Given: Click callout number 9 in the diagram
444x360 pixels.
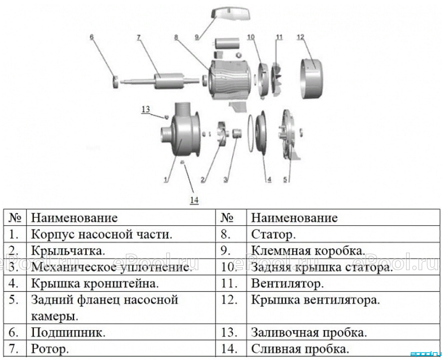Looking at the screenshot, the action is [197, 37].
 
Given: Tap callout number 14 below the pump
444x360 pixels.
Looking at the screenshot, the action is [194, 200].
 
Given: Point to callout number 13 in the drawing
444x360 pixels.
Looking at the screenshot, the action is [145, 109].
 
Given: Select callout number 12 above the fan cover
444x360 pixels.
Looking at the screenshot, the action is [301, 37].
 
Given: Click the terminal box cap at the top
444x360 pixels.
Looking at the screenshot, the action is [231, 14].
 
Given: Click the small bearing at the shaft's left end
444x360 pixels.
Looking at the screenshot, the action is [115, 82].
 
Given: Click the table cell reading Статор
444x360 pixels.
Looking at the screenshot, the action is [273, 234].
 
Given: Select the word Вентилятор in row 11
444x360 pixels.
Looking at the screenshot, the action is [287, 283].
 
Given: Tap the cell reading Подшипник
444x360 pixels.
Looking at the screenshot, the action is [68, 332].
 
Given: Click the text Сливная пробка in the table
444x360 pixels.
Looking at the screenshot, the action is [300, 349].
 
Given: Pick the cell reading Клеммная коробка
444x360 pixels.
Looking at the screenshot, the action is [308, 251].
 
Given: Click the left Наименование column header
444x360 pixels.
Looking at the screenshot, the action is [74, 218].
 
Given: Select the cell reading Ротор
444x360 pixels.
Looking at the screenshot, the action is [50, 349].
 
